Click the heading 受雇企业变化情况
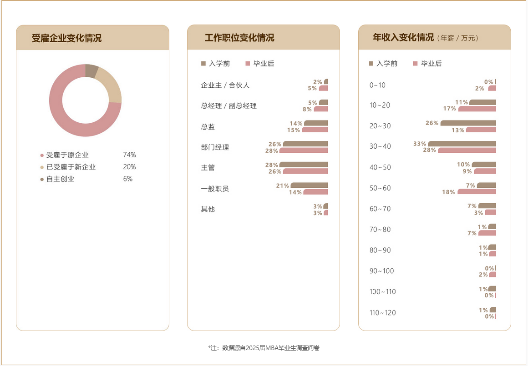[66, 38]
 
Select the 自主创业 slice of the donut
[91, 71]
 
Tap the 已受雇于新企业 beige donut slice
[112, 86]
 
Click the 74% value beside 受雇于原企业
[129, 155]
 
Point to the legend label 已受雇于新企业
[71, 167]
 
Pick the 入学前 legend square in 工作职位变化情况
[203, 64]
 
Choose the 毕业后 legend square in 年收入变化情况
[415, 64]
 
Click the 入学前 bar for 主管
[304, 165]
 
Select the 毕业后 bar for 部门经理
[304, 150]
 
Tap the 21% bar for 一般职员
[309, 185]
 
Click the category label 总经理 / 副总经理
[228, 106]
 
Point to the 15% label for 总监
[294, 130]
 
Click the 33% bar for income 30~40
[462, 144]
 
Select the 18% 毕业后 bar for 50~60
[477, 192]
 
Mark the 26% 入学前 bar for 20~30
[468, 123]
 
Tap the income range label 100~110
[382, 291]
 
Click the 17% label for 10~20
[450, 109]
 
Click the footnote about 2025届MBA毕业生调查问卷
[264, 348]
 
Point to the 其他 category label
[208, 209]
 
